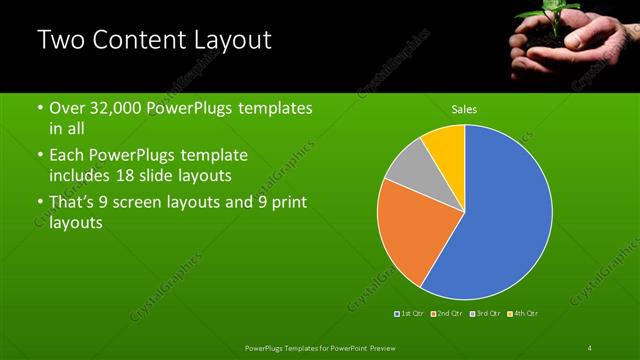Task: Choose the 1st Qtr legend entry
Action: (x=411, y=314)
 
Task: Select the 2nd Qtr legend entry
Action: (x=446, y=314)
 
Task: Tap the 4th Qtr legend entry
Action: (x=524, y=314)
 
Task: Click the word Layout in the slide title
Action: (x=227, y=41)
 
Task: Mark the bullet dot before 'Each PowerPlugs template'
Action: (x=40, y=156)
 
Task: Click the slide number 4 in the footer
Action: (x=589, y=347)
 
